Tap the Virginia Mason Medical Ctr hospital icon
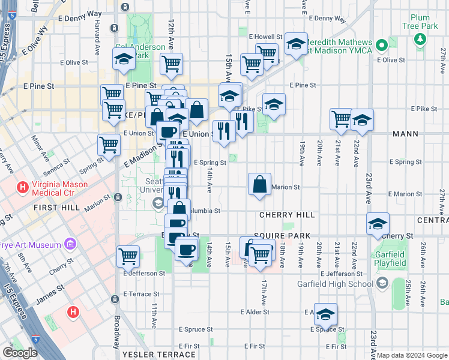[23, 188]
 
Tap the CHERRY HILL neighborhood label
[288, 214]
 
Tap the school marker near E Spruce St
[325, 314]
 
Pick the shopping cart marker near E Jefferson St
[128, 256]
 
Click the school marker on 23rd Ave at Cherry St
[377, 224]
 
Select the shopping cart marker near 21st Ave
[342, 119]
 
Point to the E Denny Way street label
[83, 13]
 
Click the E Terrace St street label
[141, 294]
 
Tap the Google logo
[20, 353]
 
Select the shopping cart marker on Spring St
[109, 145]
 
